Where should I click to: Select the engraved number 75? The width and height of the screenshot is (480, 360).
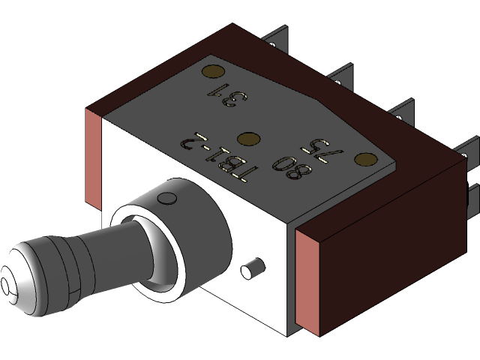[x=333, y=148]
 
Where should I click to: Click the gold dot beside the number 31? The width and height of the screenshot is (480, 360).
[x=213, y=73]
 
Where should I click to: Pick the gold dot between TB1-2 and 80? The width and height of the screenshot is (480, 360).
[x=248, y=139]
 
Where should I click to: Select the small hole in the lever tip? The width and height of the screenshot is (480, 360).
[x=7, y=286]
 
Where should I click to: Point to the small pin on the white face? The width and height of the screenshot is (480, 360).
[x=252, y=268]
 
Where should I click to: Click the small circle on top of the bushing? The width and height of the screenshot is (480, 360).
[x=169, y=198]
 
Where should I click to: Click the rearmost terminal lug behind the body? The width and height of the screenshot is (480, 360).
[x=279, y=39]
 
